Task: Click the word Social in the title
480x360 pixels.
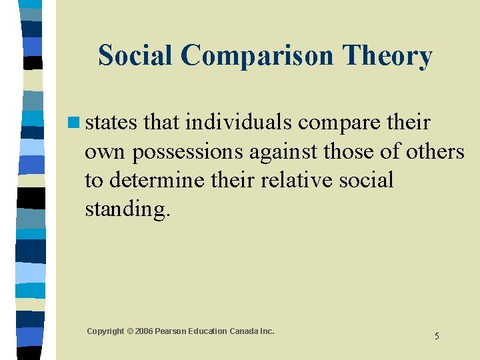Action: [135, 56]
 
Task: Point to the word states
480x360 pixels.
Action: [111, 123]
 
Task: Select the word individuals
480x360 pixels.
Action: [241, 123]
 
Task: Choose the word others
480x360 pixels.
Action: [430, 152]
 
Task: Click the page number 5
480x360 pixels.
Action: [437, 336]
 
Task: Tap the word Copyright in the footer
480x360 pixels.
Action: [105, 331]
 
